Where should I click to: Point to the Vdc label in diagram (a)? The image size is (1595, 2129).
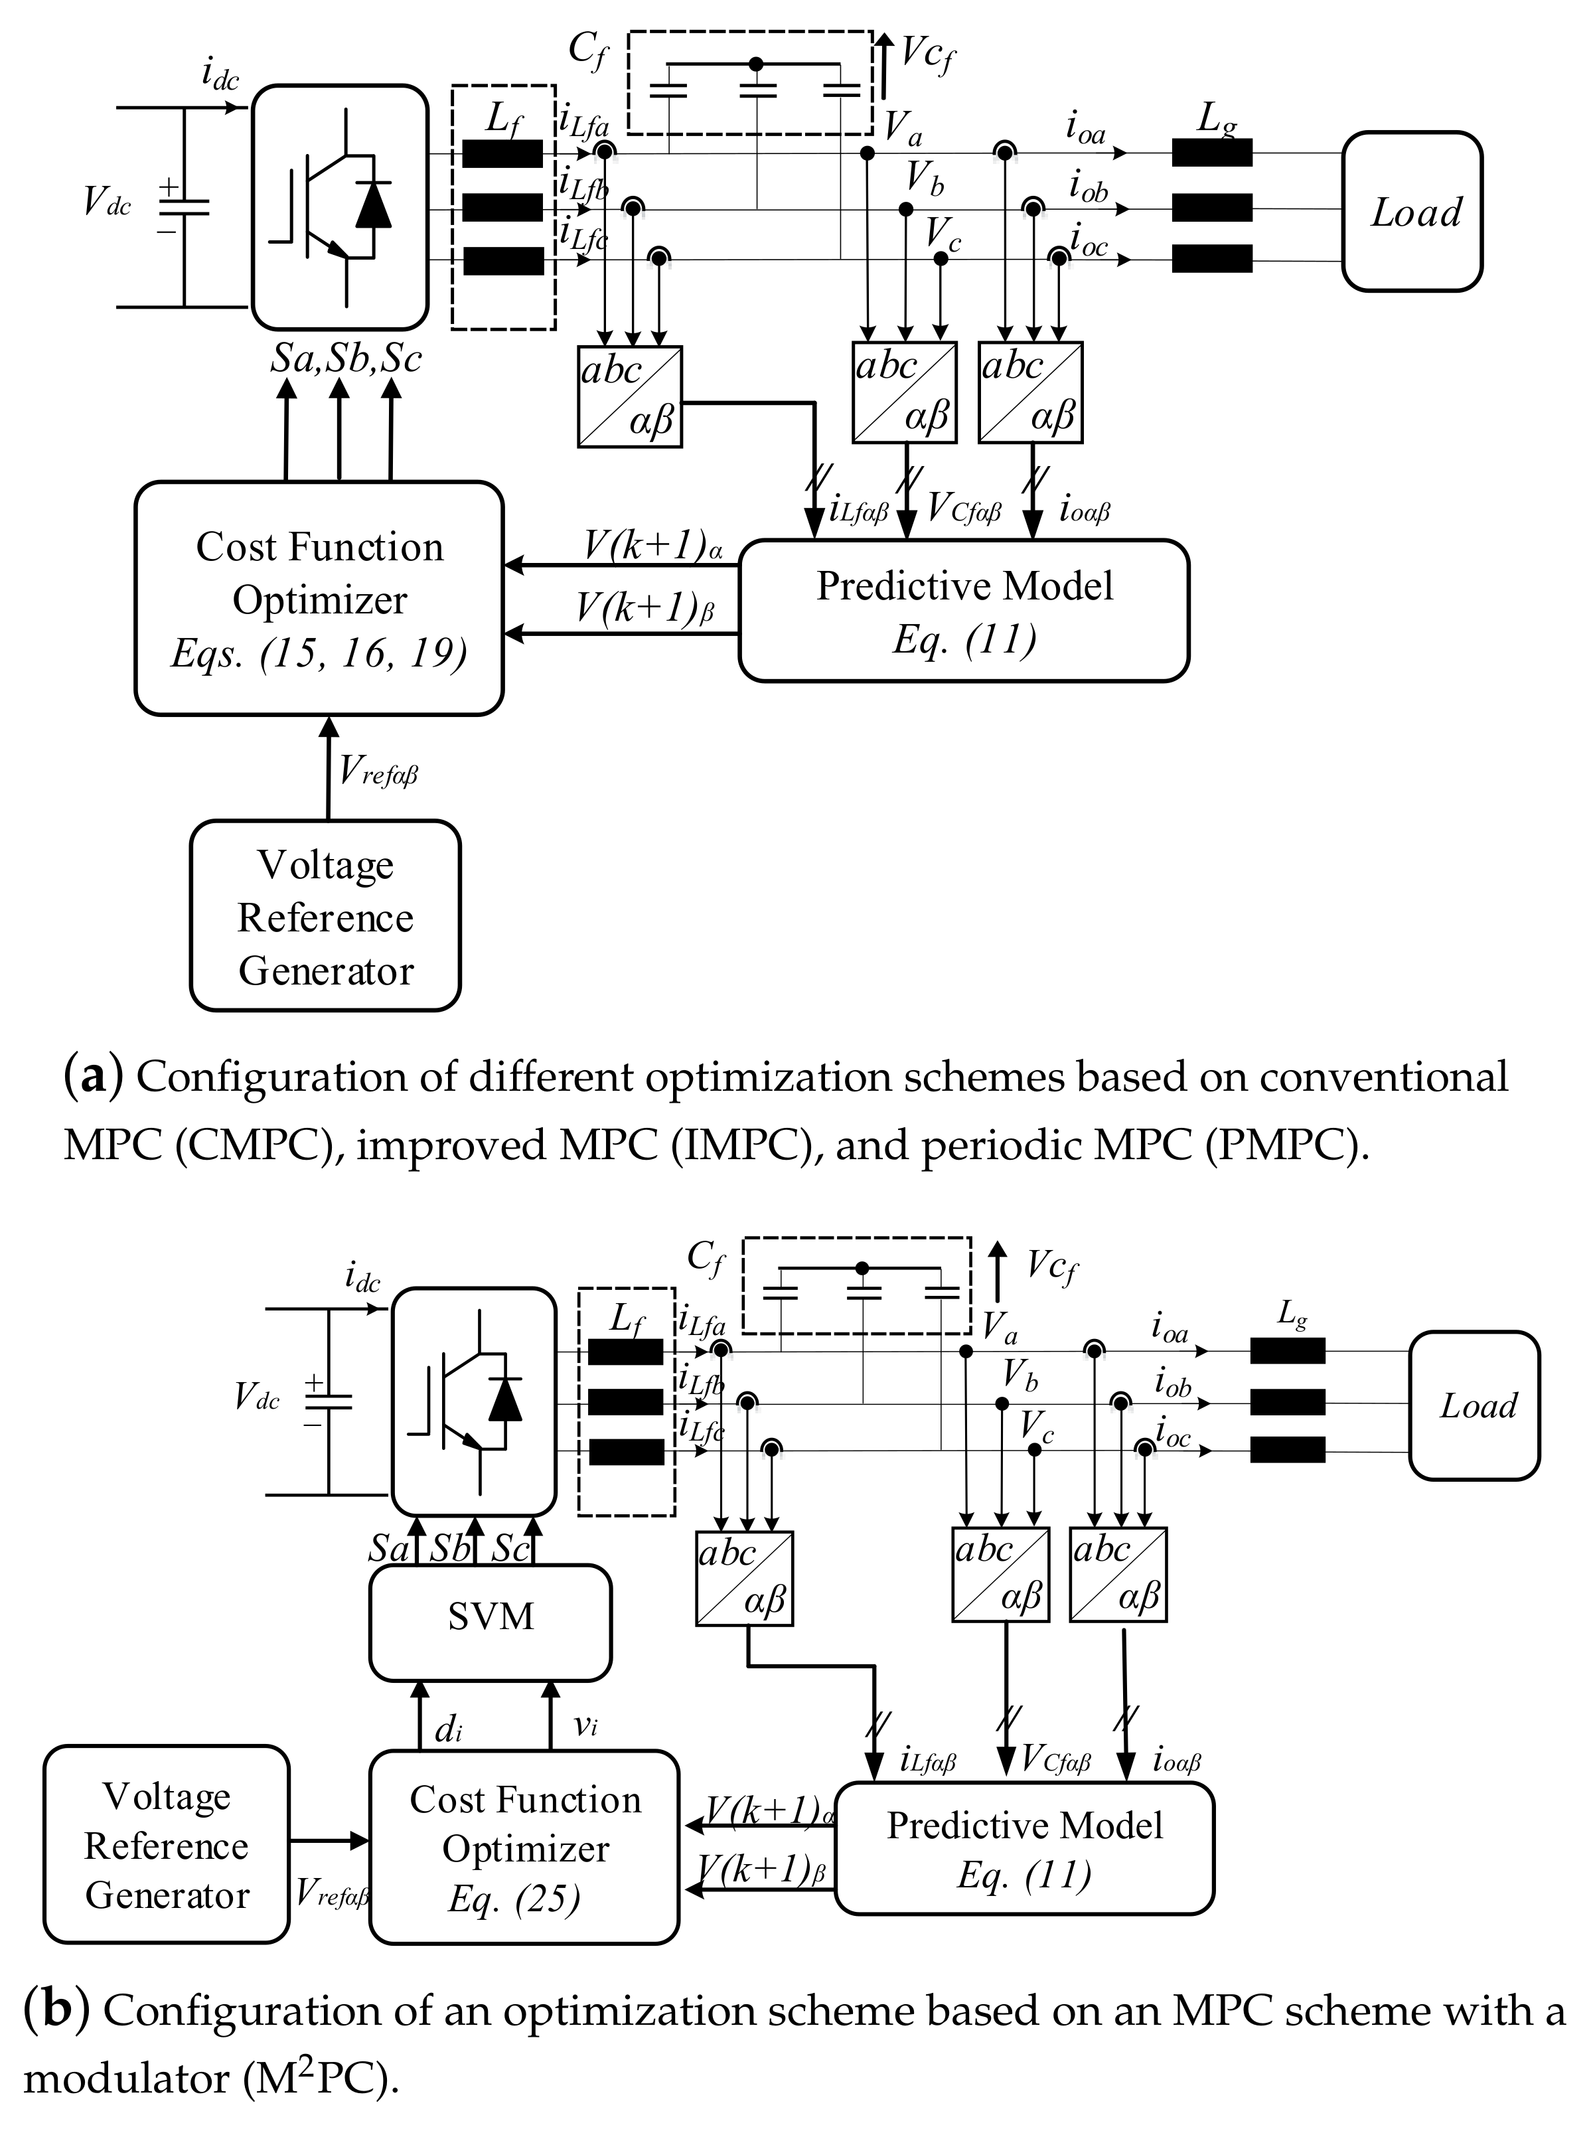click(x=107, y=202)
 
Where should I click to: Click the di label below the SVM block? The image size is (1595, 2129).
click(x=449, y=1729)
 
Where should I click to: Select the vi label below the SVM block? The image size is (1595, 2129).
click(x=586, y=1725)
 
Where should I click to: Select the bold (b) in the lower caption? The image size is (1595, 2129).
click(x=57, y=2011)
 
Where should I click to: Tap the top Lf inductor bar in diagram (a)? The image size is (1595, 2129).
click(x=502, y=154)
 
